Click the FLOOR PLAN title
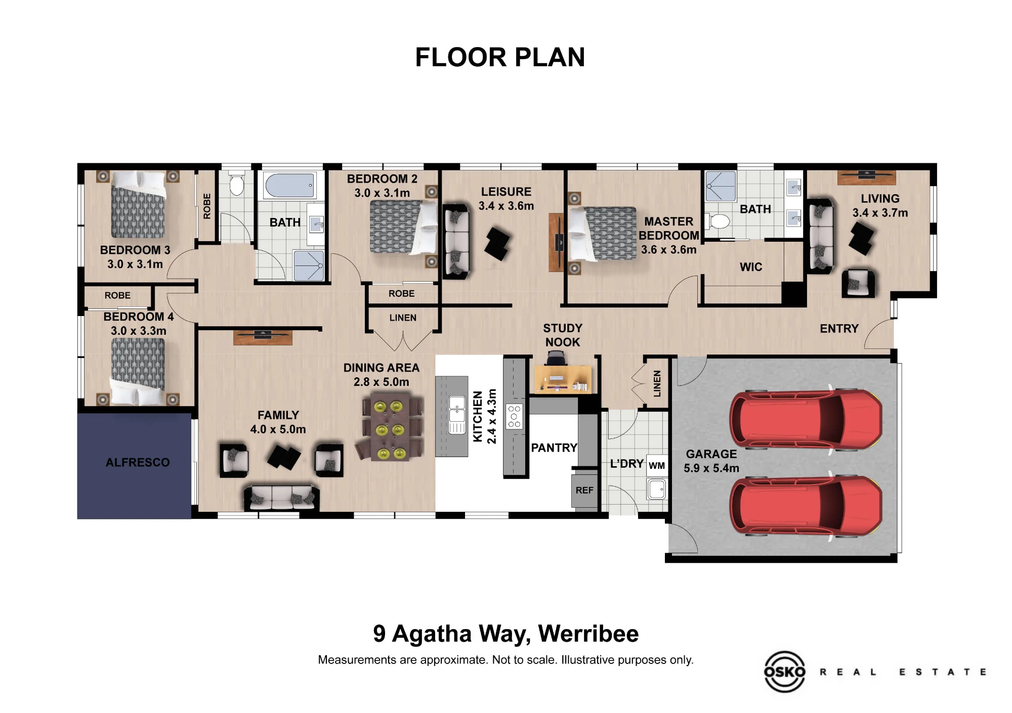[x=500, y=57]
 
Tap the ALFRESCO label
[x=138, y=462]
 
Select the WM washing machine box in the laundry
[x=657, y=466]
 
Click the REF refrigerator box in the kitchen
[x=584, y=490]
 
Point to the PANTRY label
[x=554, y=448]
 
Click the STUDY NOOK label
[x=563, y=335]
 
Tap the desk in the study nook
[x=563, y=379]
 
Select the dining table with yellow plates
[x=390, y=427]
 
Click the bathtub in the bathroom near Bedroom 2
[x=290, y=186]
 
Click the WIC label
[x=751, y=267]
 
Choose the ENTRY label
[x=839, y=329]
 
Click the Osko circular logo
[x=784, y=672]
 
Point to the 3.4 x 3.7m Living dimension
[x=880, y=213]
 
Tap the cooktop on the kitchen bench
[x=515, y=417]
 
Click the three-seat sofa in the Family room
[x=282, y=498]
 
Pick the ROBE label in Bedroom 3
[x=206, y=206]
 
